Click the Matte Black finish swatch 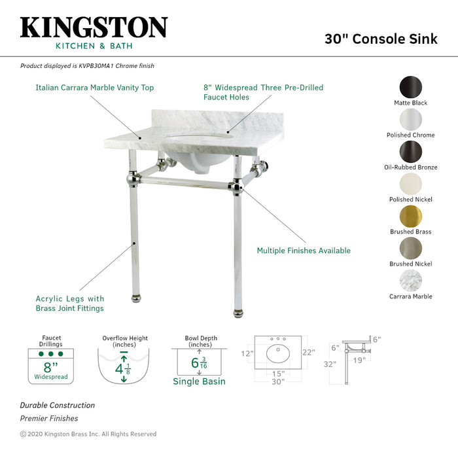410,86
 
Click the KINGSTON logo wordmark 94,27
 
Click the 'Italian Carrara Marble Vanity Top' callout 95,87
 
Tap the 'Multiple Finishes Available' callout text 304,251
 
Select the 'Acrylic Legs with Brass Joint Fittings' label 70,304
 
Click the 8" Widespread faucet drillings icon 51,366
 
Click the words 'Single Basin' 199,381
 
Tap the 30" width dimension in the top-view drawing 279,381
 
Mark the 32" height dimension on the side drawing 329,364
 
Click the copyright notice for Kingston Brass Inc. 88,434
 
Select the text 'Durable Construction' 58,406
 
